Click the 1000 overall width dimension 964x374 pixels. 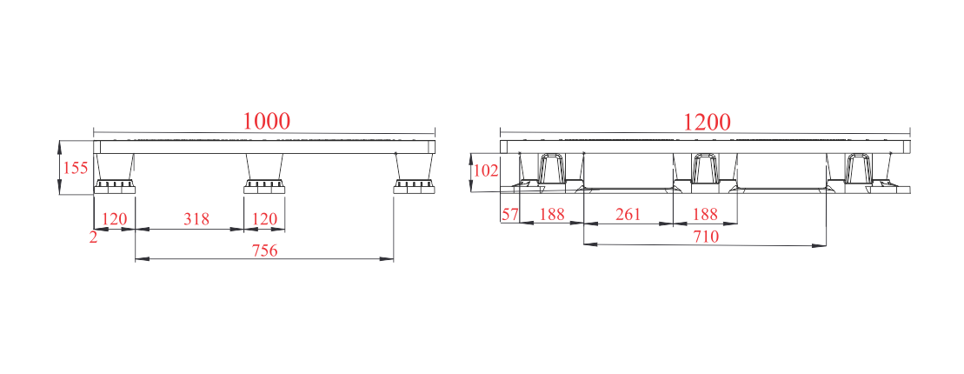(x=266, y=121)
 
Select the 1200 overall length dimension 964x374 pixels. (x=707, y=122)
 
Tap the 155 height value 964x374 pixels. (x=76, y=168)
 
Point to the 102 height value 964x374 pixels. (x=487, y=170)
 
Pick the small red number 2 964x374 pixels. (x=94, y=237)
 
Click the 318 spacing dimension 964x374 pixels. (x=196, y=218)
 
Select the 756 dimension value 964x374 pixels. (x=265, y=250)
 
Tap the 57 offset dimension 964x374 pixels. (x=510, y=214)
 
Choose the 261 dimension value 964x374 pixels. (x=628, y=214)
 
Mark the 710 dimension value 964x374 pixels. (x=706, y=237)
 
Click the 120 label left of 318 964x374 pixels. (x=115, y=218)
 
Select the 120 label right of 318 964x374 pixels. (x=265, y=218)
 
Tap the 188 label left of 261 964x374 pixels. (x=552, y=214)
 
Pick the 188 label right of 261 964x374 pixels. (x=705, y=214)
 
